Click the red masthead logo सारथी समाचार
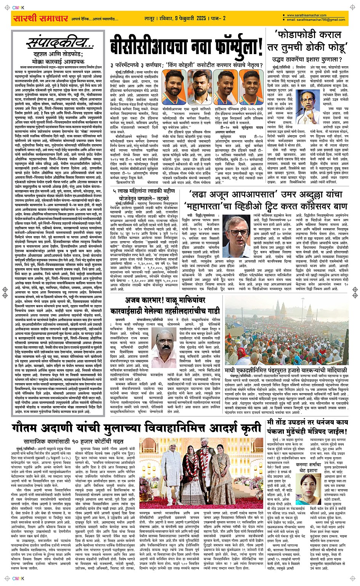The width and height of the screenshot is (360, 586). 40,18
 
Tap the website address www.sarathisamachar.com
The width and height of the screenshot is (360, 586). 307,16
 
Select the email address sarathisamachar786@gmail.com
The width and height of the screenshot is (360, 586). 316,20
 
